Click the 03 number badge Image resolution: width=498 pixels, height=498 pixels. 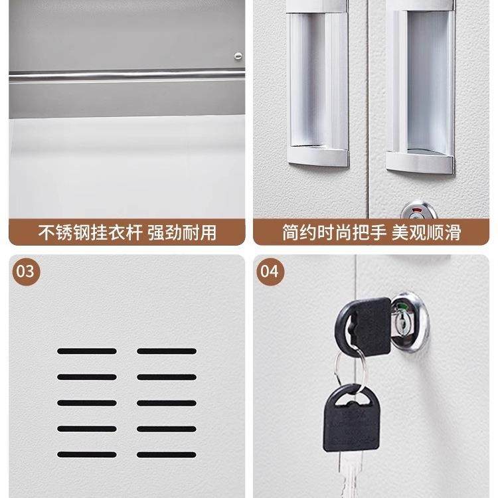click(24, 271)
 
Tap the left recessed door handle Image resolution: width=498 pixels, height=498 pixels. click(318, 86)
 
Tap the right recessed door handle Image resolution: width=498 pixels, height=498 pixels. click(420, 90)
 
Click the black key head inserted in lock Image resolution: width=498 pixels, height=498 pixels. click(365, 324)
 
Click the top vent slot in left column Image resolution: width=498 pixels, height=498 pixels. click(86, 351)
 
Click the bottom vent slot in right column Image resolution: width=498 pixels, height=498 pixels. click(166, 455)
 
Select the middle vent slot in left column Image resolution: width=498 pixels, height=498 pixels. click(86, 402)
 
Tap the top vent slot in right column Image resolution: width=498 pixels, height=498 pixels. click(166, 351)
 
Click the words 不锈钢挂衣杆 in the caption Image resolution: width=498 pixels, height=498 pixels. click(89, 233)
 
